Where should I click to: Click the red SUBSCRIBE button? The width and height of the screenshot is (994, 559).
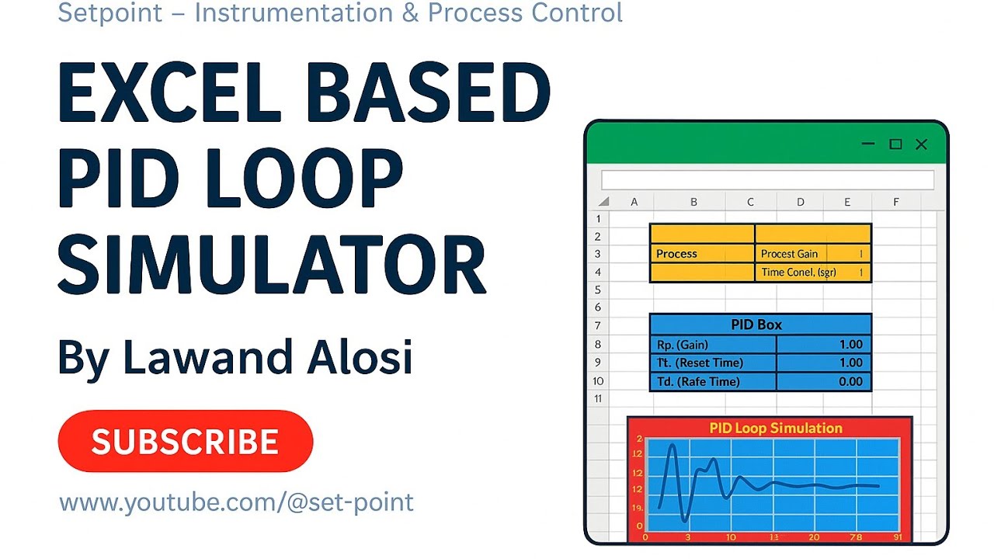(x=185, y=441)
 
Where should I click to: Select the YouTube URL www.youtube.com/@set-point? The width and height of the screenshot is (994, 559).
(x=236, y=502)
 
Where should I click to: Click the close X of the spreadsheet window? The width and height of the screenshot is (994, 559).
(x=921, y=144)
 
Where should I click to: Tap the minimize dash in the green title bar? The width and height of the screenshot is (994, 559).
(x=868, y=144)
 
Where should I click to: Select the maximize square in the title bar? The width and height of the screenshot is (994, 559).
(x=895, y=144)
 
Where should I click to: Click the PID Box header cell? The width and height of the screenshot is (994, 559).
(x=759, y=325)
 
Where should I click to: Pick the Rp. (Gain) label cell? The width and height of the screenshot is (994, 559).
(x=712, y=345)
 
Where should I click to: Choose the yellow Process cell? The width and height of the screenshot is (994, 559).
(x=701, y=254)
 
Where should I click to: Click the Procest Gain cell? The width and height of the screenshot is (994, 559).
(x=789, y=254)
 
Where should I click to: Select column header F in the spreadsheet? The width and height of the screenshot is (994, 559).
(x=895, y=202)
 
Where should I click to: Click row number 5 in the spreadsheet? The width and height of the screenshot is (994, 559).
(x=598, y=290)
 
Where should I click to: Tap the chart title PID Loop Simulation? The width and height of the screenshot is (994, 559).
(x=775, y=428)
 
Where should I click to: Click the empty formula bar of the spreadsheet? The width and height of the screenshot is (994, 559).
(x=767, y=180)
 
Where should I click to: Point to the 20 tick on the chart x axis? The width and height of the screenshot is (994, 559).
(x=813, y=537)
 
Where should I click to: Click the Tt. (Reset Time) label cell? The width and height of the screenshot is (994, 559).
(x=712, y=363)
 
